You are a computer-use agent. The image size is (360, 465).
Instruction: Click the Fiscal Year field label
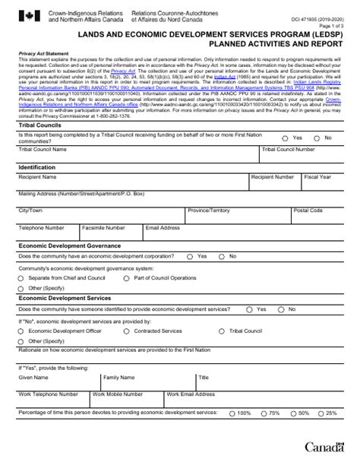[x=317, y=176]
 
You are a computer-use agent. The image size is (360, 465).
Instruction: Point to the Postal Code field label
[x=308, y=209]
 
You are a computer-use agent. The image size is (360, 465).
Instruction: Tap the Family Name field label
[x=119, y=377]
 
